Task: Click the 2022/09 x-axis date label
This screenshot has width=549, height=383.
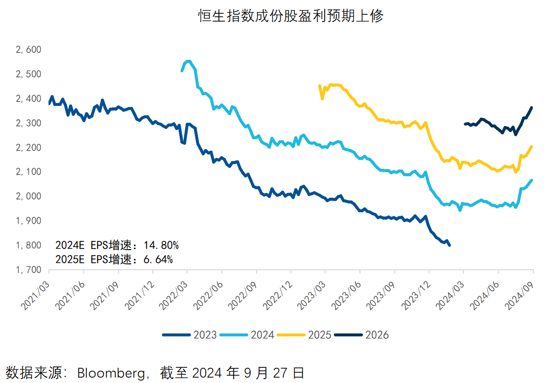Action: click(x=244, y=294)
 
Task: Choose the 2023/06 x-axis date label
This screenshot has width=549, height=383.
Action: click(x=348, y=294)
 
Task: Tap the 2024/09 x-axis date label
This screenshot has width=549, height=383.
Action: click(x=521, y=294)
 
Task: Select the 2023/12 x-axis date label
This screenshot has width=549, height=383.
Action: click(x=417, y=294)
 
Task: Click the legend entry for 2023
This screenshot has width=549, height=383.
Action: click(x=190, y=335)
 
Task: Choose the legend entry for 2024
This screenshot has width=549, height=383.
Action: click(x=247, y=335)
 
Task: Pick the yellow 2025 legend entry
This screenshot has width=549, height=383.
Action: click(x=305, y=335)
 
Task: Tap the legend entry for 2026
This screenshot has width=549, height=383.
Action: click(x=362, y=335)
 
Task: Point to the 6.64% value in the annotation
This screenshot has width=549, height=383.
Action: click(x=158, y=259)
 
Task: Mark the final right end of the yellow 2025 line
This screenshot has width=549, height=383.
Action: click(x=532, y=147)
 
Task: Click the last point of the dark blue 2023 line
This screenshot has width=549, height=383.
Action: click(x=450, y=245)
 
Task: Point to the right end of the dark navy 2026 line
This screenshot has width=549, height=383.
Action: click(x=532, y=108)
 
